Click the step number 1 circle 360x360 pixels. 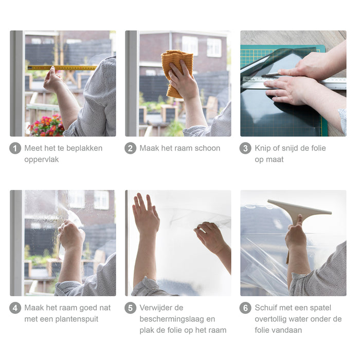click(x=15, y=148)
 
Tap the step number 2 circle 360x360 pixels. click(x=131, y=148)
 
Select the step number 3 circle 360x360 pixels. click(x=245, y=148)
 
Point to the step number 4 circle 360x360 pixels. click(x=15, y=308)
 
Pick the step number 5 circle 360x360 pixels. click(x=131, y=308)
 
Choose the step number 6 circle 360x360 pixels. click(x=245, y=308)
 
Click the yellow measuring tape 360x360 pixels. click(x=62, y=68)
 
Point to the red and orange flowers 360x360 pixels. click(x=46, y=126)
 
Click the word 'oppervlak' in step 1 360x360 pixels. click(x=42, y=159)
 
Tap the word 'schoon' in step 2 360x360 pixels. click(x=207, y=148)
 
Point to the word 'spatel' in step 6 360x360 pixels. click(x=320, y=308)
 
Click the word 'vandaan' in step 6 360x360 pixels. click(x=287, y=330)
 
